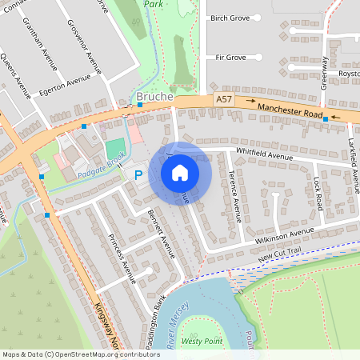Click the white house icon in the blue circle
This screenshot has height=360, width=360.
[180, 173]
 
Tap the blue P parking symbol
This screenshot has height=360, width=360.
[138, 174]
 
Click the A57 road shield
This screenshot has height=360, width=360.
[225, 98]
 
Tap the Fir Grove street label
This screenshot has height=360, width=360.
[230, 58]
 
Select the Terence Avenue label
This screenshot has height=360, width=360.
[234, 195]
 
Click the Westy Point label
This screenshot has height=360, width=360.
[202, 341]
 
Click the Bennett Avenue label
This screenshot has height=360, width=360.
[161, 232]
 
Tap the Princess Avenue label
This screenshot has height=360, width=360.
[121, 259]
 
